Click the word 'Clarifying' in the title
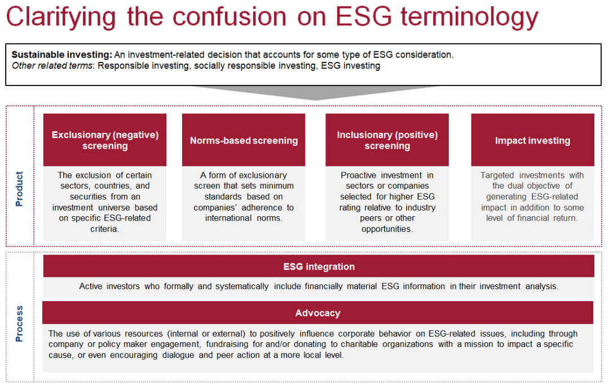tap(61, 17)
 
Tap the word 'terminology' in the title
tap(470, 17)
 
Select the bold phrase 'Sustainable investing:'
tap(62, 55)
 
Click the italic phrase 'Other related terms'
tap(52, 65)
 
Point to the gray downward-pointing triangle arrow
tap(315, 93)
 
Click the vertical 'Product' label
tap(19, 189)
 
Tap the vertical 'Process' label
tap(19, 324)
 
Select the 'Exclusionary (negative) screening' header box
tap(105, 140)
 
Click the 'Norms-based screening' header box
tap(244, 140)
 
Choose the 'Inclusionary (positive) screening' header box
tap(387, 140)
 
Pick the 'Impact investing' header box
tap(532, 140)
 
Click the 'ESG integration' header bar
tap(319, 266)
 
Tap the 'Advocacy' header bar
tap(317, 312)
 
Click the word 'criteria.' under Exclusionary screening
tap(105, 229)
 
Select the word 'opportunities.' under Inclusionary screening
tap(387, 229)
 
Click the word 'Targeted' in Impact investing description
tap(497, 175)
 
